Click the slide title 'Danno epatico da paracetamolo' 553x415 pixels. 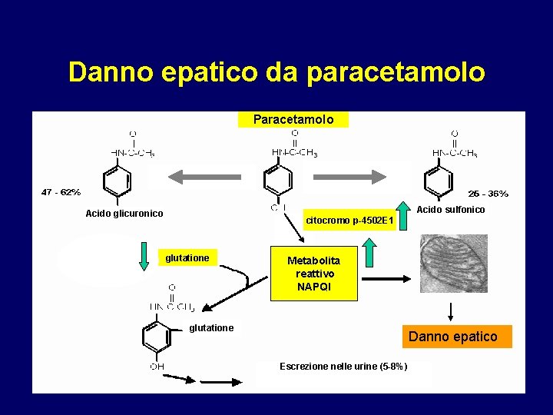[x=276, y=71]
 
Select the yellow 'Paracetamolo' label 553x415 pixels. [x=293, y=120]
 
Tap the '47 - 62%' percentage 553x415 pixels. [x=61, y=192]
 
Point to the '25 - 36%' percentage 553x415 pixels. [x=488, y=194]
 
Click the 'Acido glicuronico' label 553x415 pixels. [x=124, y=214]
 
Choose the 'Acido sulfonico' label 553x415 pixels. [x=451, y=210]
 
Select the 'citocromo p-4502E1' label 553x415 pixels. [x=349, y=221]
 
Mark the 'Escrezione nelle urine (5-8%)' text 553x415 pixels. [x=343, y=367]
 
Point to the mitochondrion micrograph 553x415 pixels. [x=453, y=264]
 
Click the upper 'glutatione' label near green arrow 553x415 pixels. [x=187, y=258]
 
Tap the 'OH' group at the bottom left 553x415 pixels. [x=157, y=367]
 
